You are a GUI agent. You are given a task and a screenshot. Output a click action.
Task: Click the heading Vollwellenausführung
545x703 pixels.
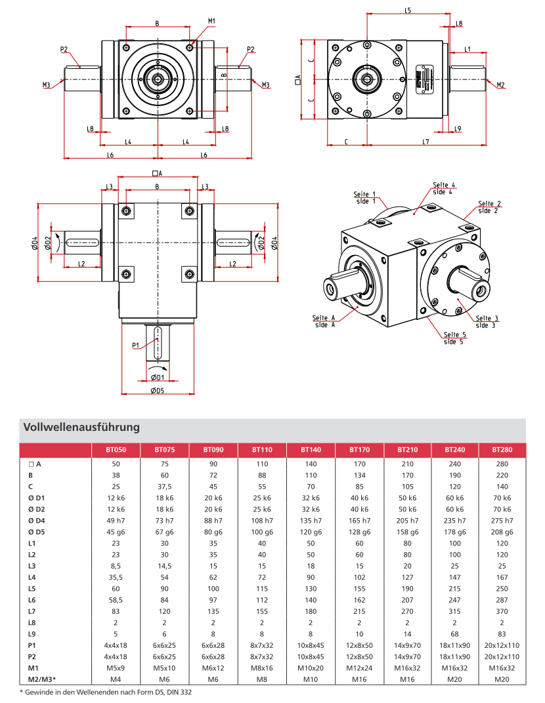(x=81, y=428)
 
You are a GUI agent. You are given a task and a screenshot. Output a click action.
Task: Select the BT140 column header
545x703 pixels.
(x=311, y=451)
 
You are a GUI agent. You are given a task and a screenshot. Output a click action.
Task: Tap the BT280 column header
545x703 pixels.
(x=502, y=451)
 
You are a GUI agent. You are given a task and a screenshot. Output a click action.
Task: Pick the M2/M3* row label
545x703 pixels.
(x=40, y=679)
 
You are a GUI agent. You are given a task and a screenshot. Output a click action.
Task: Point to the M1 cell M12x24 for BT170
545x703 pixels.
(x=359, y=668)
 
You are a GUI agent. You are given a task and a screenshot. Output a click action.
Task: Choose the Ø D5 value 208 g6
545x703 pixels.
(x=502, y=531)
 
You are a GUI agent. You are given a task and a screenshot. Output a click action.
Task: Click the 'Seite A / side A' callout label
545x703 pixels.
(x=325, y=321)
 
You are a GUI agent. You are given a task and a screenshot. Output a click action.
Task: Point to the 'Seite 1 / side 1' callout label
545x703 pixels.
(x=364, y=197)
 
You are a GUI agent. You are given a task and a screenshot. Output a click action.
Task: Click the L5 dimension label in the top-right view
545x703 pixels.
(x=407, y=10)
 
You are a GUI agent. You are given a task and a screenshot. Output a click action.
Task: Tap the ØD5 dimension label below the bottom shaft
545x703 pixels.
(x=157, y=391)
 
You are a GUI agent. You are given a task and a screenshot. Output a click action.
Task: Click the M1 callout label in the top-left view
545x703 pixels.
(x=211, y=21)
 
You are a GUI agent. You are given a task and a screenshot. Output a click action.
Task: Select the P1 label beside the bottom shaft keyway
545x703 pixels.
(x=135, y=345)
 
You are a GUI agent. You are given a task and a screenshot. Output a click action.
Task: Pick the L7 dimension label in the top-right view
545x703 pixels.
(x=425, y=142)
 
